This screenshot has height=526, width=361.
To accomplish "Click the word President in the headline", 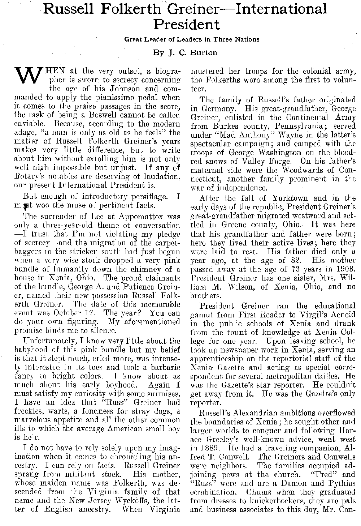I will pos(186,25).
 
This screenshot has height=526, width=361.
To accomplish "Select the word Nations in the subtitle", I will pos(247,39).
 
